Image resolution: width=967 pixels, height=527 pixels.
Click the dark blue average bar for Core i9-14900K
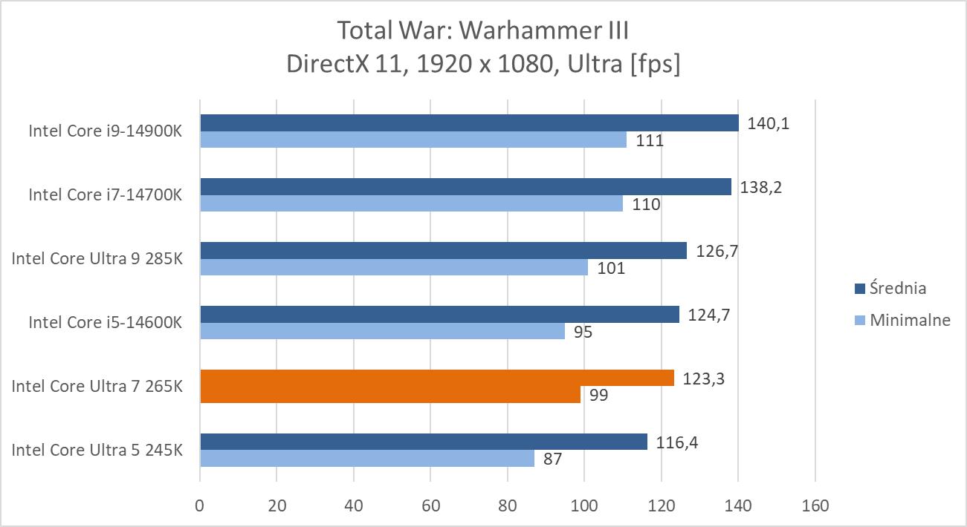[469, 122]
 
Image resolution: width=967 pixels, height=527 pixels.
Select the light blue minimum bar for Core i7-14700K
[411, 203]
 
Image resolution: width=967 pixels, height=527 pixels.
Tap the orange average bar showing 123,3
[437, 378]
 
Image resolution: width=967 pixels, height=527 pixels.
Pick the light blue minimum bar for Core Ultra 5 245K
[366, 459]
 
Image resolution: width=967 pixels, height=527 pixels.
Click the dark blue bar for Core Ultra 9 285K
[444, 251]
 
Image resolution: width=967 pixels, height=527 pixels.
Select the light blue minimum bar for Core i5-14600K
[382, 331]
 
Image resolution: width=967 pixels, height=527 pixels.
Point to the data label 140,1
[769, 123]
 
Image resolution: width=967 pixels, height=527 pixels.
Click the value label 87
[552, 459]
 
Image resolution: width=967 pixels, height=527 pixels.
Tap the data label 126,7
[717, 251]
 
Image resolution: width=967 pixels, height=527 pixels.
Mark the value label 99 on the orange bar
[598, 395]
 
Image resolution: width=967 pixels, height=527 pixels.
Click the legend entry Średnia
[898, 288]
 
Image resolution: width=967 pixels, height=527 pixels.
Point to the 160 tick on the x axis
[815, 506]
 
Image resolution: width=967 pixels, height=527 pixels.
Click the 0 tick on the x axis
[200, 506]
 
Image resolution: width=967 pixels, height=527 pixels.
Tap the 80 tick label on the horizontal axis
[508, 506]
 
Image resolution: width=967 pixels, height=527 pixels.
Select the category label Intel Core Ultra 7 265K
[97, 386]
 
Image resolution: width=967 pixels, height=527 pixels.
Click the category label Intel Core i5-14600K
[105, 322]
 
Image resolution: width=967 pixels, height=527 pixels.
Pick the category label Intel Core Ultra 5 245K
[97, 450]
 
